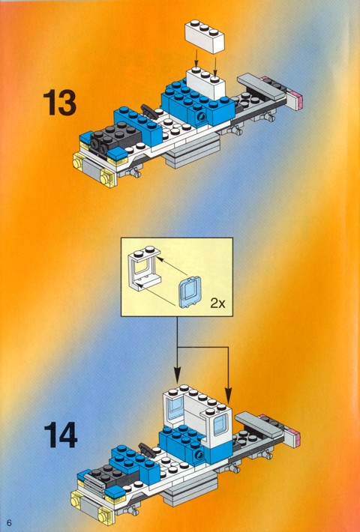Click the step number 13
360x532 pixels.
pyautogui.click(x=60, y=103)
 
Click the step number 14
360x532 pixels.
pyautogui.click(x=61, y=435)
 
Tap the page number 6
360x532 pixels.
pyautogui.click(x=9, y=522)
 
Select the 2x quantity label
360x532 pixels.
pyautogui.click(x=217, y=303)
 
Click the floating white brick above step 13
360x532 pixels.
pyautogui.click(x=205, y=36)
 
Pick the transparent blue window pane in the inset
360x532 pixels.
pyautogui.click(x=190, y=291)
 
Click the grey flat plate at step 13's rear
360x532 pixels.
pyautogui.click(x=262, y=86)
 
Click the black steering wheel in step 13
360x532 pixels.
pyautogui.click(x=149, y=112)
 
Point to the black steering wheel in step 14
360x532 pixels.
pyautogui.click(x=146, y=450)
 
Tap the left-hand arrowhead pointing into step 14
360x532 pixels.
pyautogui.click(x=177, y=375)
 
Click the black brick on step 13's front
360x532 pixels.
pyautogui.click(x=115, y=136)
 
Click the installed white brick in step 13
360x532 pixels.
pyautogui.click(x=205, y=82)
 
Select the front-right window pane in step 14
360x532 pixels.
pyautogui.click(x=220, y=424)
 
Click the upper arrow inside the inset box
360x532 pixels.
pyautogui.click(x=171, y=266)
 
